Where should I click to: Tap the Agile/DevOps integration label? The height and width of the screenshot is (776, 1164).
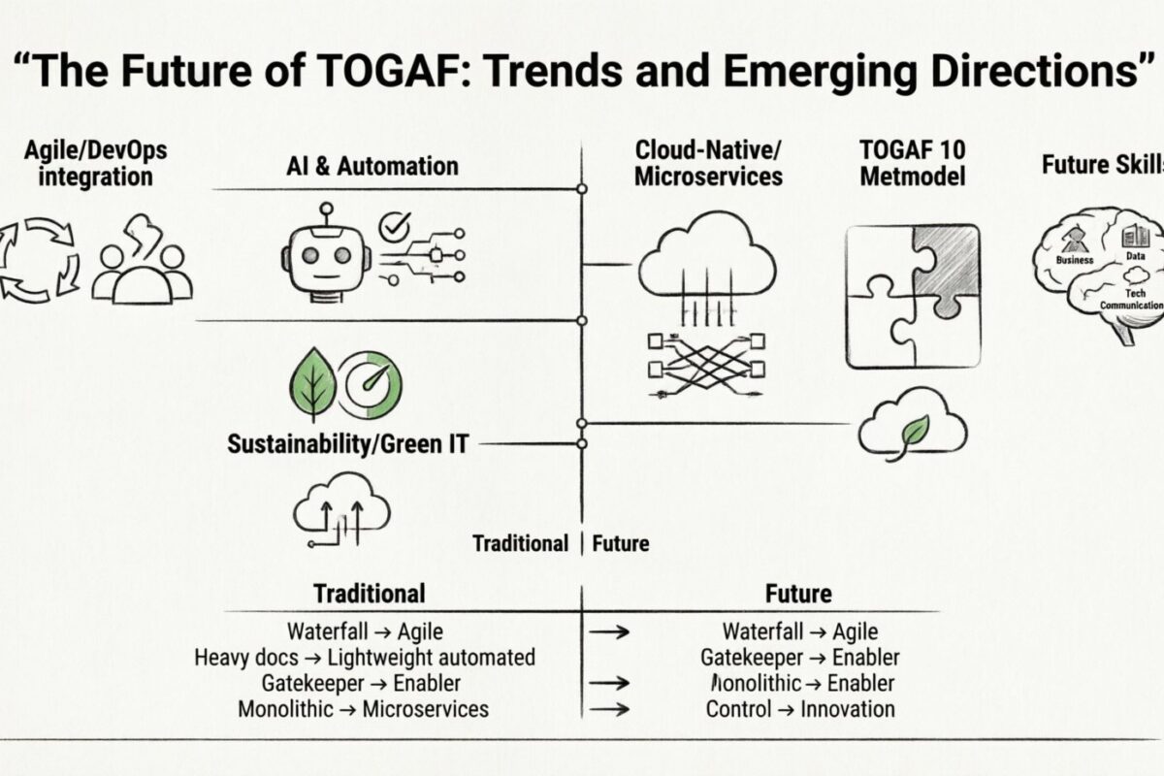[x=93, y=164]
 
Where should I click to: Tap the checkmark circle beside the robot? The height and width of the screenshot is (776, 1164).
[x=395, y=227]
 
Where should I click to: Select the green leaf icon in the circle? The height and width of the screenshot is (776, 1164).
[x=313, y=384]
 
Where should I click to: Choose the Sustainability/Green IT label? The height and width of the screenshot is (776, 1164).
[x=347, y=444]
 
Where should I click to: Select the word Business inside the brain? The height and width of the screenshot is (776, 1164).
[x=1074, y=260]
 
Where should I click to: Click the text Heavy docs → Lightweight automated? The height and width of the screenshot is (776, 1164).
[x=365, y=657]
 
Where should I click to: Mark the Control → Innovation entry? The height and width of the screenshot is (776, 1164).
[x=800, y=708]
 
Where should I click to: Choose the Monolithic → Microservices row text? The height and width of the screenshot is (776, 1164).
[x=364, y=708]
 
